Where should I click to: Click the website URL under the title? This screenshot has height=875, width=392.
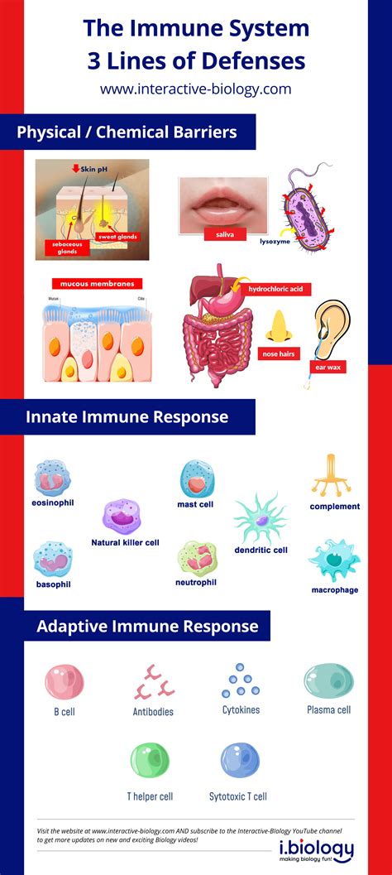click(195, 89)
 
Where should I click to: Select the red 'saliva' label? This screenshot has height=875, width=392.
click(225, 235)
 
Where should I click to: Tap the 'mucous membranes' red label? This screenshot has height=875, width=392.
click(93, 283)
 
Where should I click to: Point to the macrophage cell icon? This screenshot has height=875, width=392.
click(333, 561)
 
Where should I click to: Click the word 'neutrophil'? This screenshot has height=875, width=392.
click(196, 582)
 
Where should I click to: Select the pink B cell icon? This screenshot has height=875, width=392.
click(64, 682)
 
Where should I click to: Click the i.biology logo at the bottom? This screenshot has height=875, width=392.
click(316, 850)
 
